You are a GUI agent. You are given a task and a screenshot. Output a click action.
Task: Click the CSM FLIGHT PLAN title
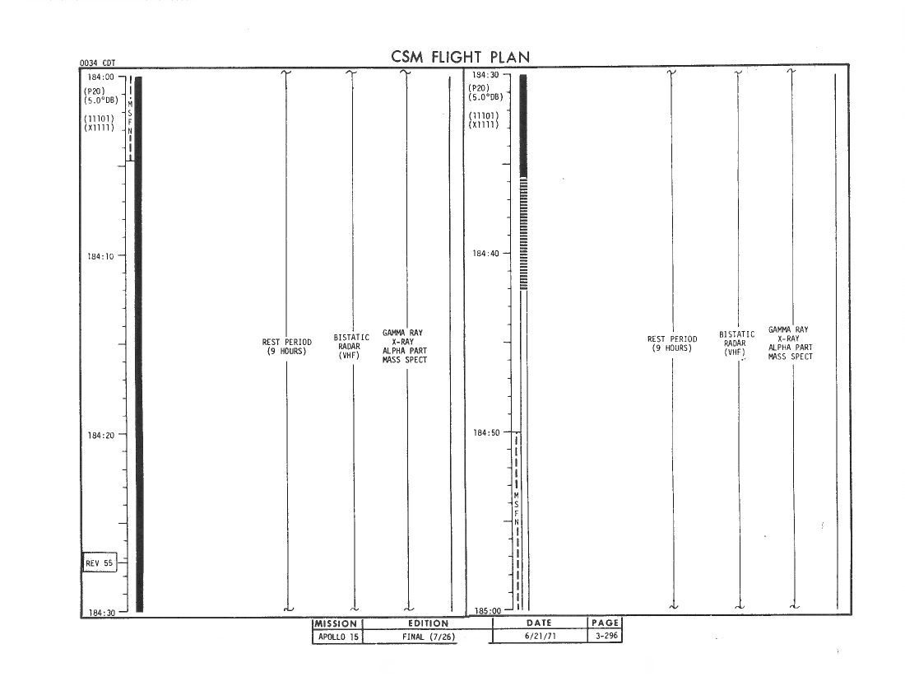(460, 57)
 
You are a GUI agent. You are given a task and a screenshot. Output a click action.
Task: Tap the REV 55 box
(100, 562)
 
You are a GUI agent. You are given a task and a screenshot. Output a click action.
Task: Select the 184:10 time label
(101, 256)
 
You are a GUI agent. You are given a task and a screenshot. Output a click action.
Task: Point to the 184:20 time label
(101, 435)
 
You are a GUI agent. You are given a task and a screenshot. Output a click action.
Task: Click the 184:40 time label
(486, 253)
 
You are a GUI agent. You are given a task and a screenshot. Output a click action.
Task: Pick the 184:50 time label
(486, 432)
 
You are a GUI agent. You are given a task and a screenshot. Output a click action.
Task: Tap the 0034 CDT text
(98, 63)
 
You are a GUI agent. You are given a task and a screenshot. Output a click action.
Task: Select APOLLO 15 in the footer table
(338, 637)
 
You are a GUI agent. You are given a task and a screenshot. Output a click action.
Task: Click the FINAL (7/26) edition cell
(429, 637)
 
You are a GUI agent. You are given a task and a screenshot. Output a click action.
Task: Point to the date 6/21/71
(541, 636)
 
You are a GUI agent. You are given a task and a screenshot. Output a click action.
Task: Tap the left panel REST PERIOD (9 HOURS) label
(287, 347)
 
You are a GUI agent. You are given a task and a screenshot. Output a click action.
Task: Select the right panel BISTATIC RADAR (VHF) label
(736, 343)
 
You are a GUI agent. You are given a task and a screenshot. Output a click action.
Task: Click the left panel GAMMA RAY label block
(405, 346)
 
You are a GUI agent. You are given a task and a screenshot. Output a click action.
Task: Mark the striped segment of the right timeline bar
(523, 234)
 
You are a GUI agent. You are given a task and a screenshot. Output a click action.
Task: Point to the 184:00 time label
(101, 77)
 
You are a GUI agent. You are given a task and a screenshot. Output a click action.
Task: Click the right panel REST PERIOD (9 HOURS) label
(672, 343)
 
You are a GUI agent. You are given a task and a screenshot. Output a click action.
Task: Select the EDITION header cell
(429, 623)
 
